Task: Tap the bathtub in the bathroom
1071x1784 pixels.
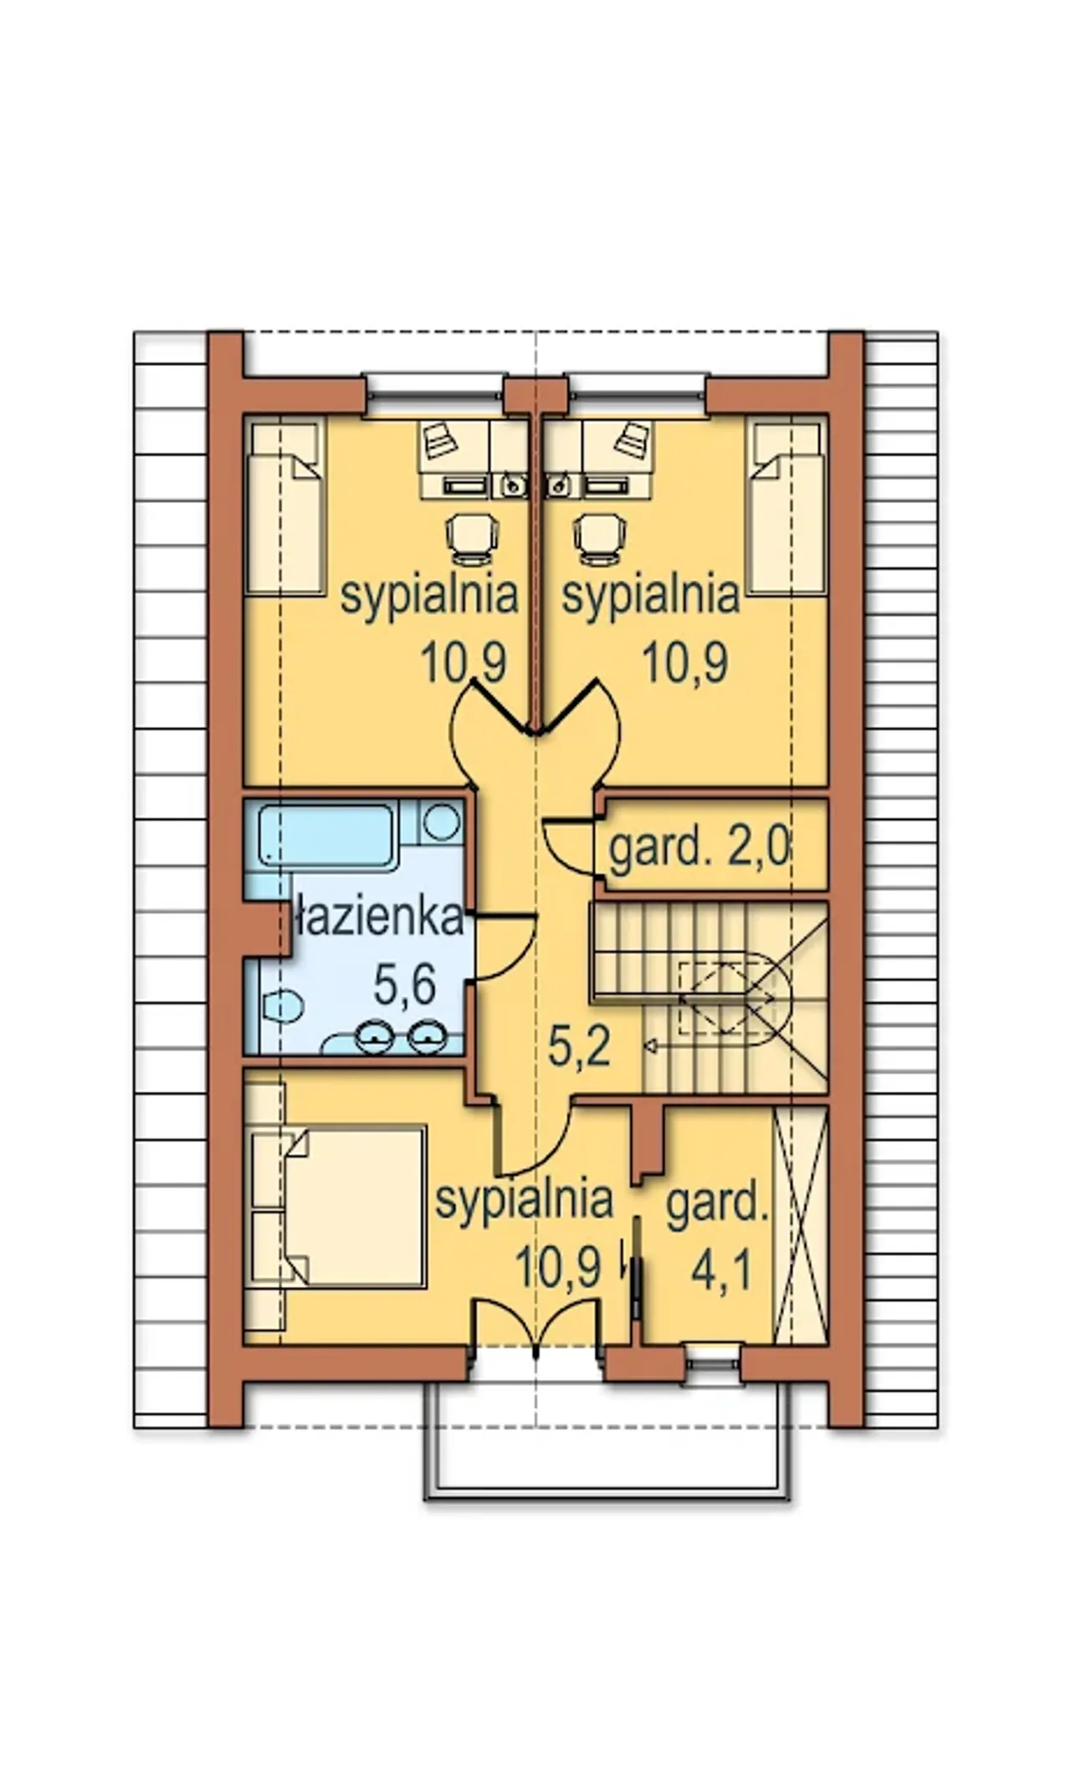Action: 326,834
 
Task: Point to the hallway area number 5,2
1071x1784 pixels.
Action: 578,1046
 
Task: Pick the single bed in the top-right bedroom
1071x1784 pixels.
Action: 786,507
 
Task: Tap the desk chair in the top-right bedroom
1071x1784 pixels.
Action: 600,536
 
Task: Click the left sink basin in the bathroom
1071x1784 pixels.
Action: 372,1038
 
